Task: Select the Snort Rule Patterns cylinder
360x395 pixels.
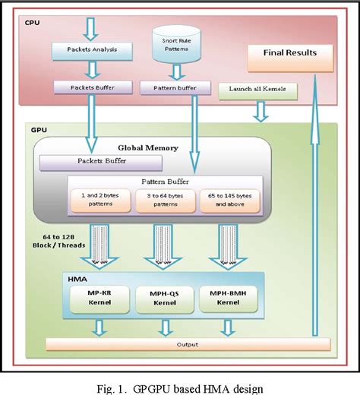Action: (175, 46)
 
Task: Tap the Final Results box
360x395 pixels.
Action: (291, 53)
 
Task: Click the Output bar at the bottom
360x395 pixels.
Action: (182, 346)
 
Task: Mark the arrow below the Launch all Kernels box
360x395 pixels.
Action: (261, 112)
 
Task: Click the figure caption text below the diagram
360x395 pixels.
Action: (180, 387)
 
